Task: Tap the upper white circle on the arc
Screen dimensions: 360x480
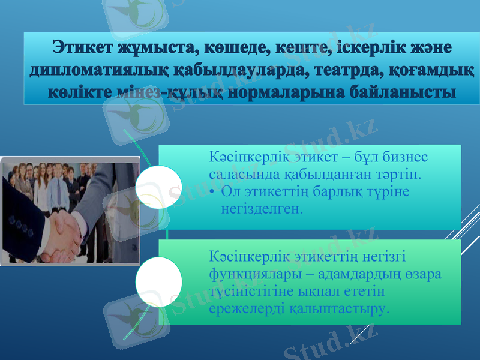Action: click(158, 188)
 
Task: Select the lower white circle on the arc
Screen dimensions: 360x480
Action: click(158, 281)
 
